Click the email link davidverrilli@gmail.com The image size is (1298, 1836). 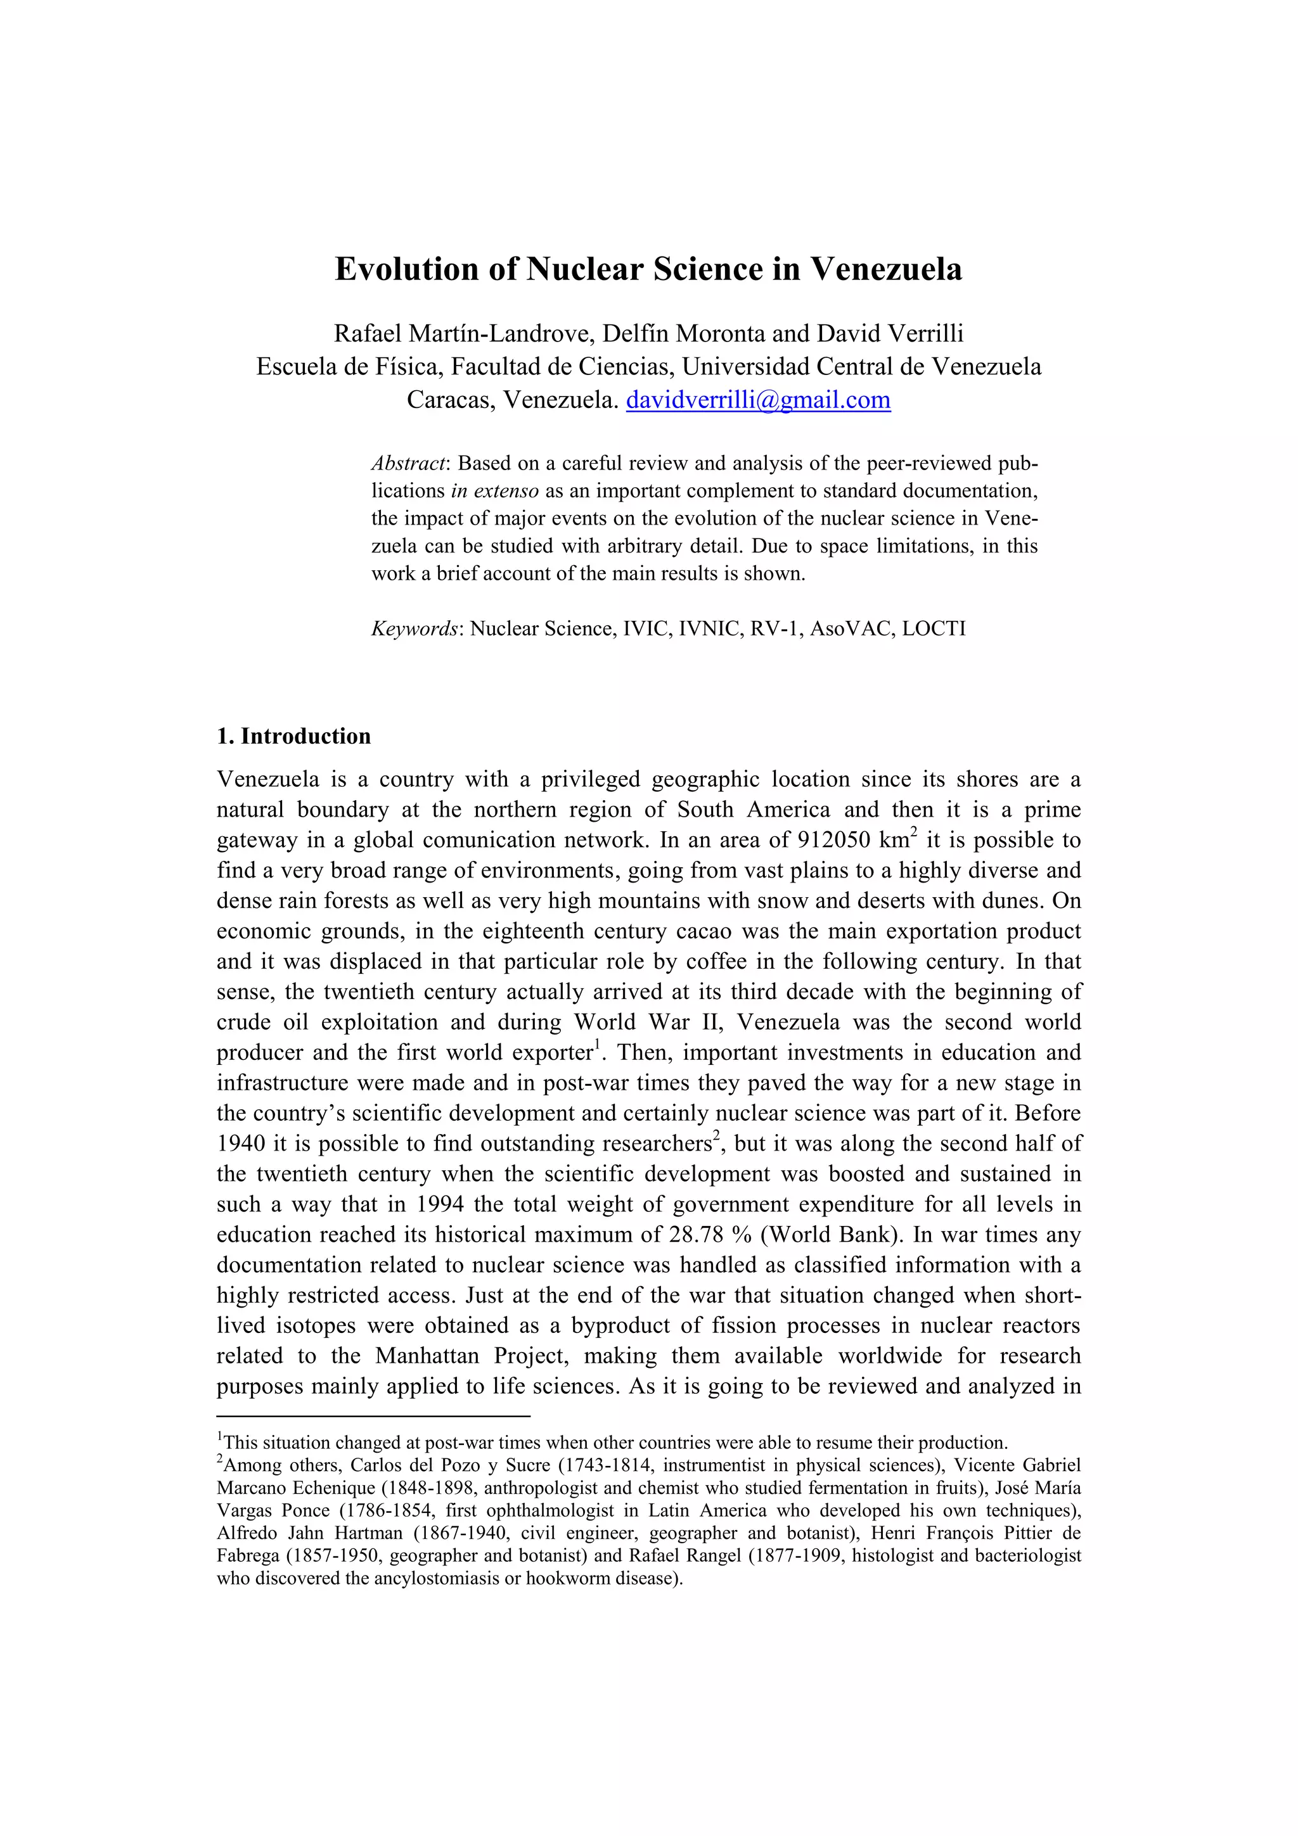click(x=757, y=400)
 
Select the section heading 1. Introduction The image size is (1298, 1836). click(x=293, y=736)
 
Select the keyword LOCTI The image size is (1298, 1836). click(x=934, y=628)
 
